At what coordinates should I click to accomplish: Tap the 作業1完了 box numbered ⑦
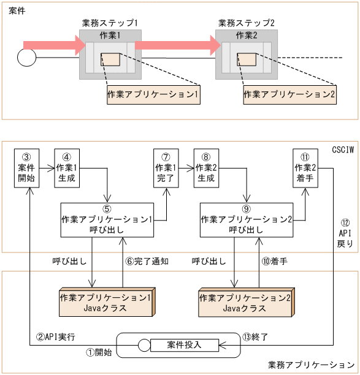[x=166, y=167]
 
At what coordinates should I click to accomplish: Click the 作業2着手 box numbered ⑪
[x=305, y=167]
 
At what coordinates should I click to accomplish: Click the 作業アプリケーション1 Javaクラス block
[x=105, y=302]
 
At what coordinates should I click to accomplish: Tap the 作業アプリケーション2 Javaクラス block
[x=245, y=302]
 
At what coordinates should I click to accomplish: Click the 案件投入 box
[x=184, y=345]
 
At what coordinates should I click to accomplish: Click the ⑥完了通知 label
[x=147, y=260]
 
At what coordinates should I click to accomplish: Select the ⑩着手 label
[x=275, y=260]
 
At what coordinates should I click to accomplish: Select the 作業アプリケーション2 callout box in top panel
[x=289, y=94]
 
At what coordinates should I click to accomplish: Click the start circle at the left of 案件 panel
[x=26, y=58]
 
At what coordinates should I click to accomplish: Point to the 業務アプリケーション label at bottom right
[x=311, y=365]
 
